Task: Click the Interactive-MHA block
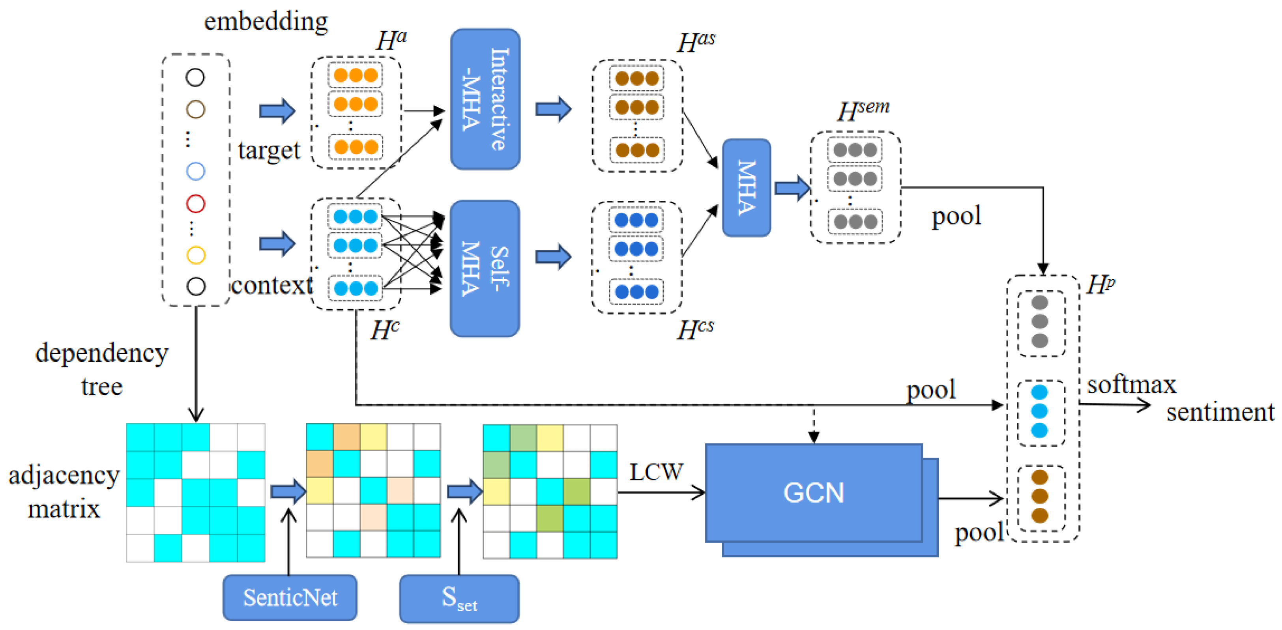(x=485, y=99)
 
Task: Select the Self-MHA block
(x=485, y=269)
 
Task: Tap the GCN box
(x=814, y=493)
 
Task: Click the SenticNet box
(x=290, y=597)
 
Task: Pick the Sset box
(x=459, y=598)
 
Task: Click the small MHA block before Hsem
(x=747, y=188)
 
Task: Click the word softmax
(x=1131, y=385)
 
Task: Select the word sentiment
(x=1220, y=412)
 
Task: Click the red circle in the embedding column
(x=196, y=204)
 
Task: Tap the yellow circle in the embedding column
(x=196, y=255)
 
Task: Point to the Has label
(x=696, y=42)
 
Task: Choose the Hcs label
(x=695, y=329)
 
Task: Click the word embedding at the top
(x=266, y=21)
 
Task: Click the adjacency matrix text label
(x=64, y=492)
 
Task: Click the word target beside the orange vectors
(x=269, y=150)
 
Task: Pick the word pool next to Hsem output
(x=956, y=216)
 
